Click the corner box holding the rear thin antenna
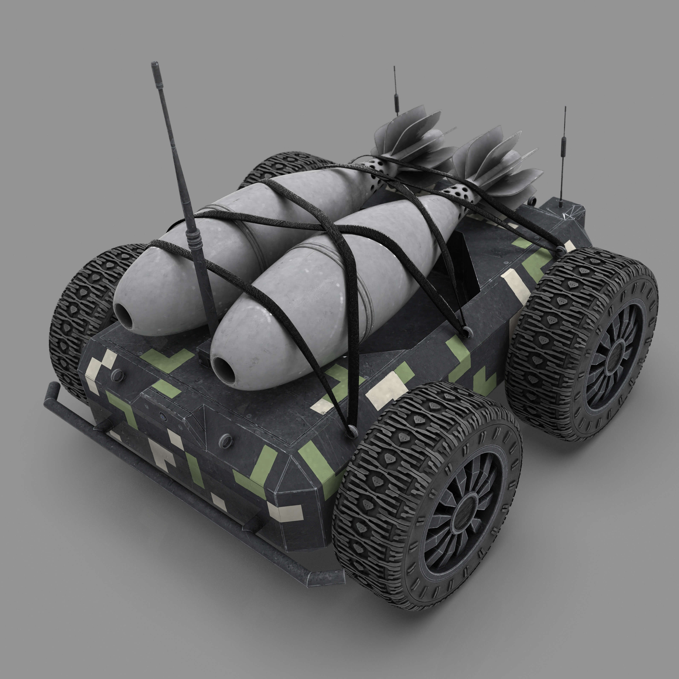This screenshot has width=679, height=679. point(559,211)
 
